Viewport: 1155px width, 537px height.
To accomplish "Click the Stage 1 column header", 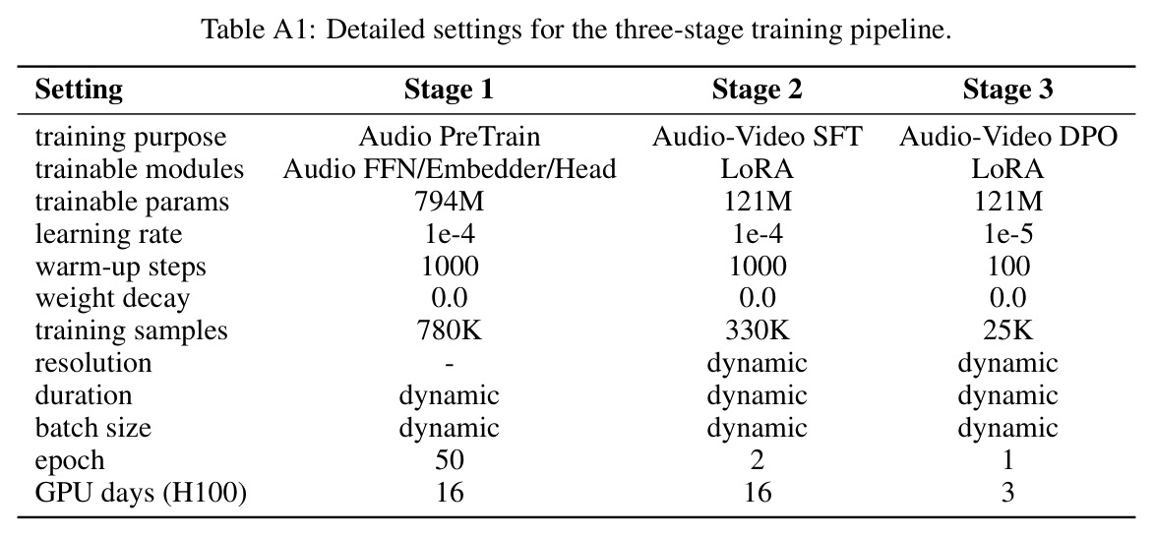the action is click(x=449, y=89).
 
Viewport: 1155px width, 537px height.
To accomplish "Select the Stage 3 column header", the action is click(x=1007, y=89).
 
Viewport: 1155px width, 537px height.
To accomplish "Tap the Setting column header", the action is click(x=79, y=89).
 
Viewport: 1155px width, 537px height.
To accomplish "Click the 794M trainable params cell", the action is click(x=450, y=201).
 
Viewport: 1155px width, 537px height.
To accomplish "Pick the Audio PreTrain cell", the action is click(x=450, y=137).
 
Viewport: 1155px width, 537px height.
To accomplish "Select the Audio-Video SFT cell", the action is click(x=756, y=137).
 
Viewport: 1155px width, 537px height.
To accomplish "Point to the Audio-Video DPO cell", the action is click(x=1007, y=137).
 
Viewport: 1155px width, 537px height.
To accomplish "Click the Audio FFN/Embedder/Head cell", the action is click(x=450, y=169).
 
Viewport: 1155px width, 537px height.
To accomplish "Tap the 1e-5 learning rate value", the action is click(x=1007, y=233).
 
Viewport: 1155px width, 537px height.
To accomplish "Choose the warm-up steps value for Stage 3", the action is click(x=1007, y=266).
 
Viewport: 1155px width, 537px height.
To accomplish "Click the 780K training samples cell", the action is click(x=450, y=330).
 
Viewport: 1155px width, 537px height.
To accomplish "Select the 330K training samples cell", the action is click(x=756, y=330).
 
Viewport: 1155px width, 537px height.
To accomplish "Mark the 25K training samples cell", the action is click(x=1007, y=330).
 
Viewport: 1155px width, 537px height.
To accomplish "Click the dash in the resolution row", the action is click(x=450, y=364).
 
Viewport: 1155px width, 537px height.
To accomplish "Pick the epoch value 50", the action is click(x=450, y=460).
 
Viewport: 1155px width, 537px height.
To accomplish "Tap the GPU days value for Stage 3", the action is click(x=1007, y=493).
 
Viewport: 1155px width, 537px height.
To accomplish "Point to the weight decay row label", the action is click(x=112, y=299).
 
